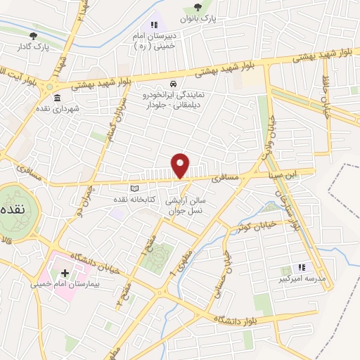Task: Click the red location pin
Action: point(181,165)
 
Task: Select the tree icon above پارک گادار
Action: point(33,35)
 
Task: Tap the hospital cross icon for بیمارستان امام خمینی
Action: point(65,273)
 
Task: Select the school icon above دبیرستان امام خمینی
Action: point(154,25)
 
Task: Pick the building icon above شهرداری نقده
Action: point(56,98)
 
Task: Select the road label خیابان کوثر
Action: point(254,226)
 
